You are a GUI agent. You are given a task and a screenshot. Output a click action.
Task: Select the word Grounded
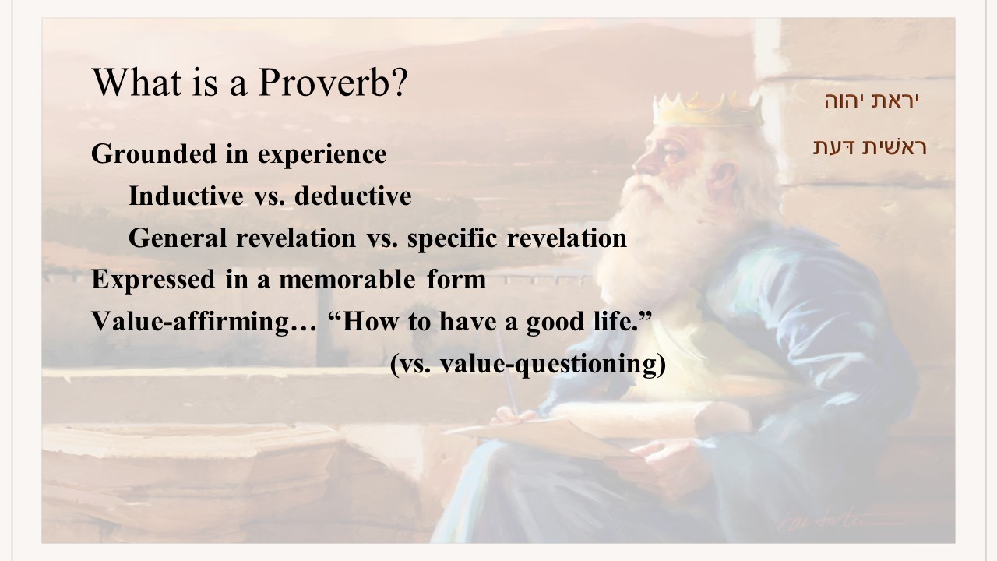153,153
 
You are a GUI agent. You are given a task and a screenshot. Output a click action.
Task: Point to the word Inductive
186,196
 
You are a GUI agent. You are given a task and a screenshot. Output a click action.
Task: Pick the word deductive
353,196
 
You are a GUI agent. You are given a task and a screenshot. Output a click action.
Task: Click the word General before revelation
178,238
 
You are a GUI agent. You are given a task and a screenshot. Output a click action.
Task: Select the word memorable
347,280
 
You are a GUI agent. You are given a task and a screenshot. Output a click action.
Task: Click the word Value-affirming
190,322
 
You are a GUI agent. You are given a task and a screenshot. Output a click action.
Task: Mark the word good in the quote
555,323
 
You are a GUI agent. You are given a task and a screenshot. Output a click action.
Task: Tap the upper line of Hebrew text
872,101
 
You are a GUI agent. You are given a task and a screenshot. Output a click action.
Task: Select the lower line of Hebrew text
870,147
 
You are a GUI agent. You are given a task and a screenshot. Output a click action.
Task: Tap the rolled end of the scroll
721,418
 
